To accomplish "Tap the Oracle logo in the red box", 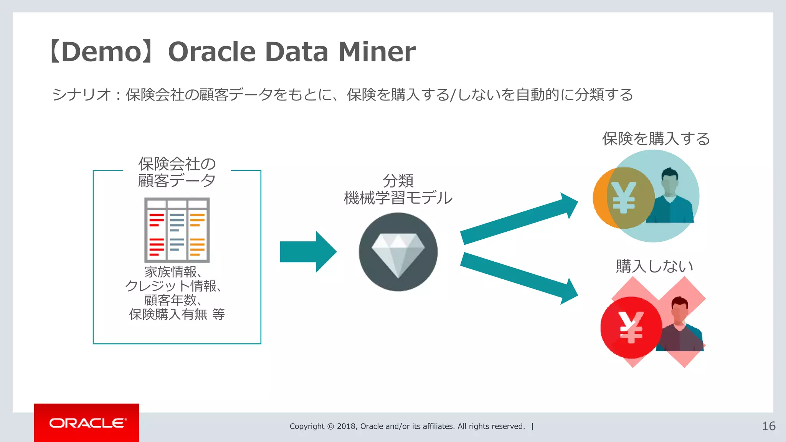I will click(87, 423).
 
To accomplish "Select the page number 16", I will click(768, 426).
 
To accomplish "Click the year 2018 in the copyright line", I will click(346, 426).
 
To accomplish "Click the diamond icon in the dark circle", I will click(398, 253).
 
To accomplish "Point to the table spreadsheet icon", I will click(177, 230).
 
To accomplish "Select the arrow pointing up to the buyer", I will click(518, 219).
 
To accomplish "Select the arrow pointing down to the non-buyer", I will click(518, 278).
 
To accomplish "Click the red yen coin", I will click(631, 327).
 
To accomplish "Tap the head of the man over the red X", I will click(680, 309).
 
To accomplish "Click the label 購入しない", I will click(654, 266).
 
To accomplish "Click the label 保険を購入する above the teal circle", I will click(656, 139).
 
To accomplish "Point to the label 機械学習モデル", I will click(398, 198).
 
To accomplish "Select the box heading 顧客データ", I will click(177, 180).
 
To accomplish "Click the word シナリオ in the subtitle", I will click(81, 94).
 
